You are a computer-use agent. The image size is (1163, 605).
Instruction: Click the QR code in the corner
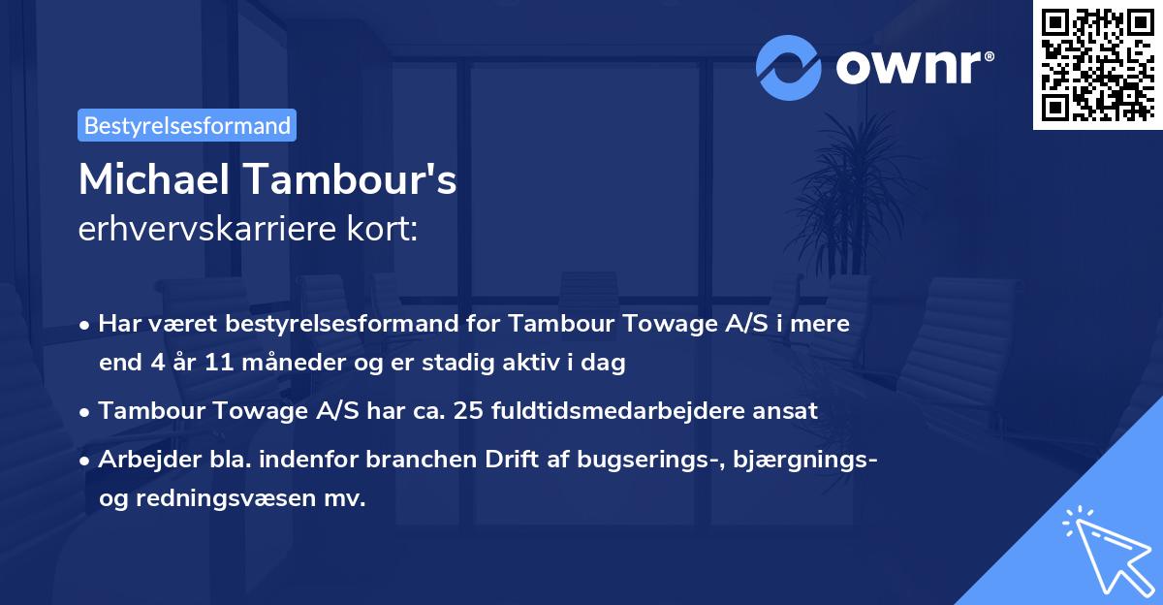1097,65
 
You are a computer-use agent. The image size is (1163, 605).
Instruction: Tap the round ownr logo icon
787,67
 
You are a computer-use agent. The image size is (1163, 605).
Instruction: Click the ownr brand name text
914,67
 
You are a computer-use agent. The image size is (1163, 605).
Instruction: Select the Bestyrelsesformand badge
187,125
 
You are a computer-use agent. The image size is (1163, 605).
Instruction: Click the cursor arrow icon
1104,547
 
